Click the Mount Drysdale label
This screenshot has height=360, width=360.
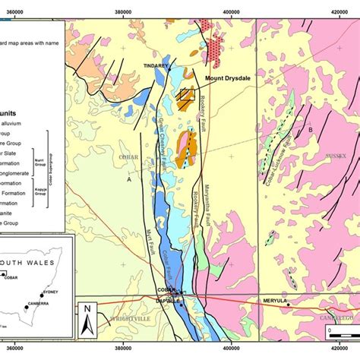point(227,77)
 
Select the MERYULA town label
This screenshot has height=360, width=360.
point(274,301)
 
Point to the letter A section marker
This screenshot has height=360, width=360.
point(129,180)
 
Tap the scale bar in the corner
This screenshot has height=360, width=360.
point(339,332)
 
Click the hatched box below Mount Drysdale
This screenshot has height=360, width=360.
point(185,96)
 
